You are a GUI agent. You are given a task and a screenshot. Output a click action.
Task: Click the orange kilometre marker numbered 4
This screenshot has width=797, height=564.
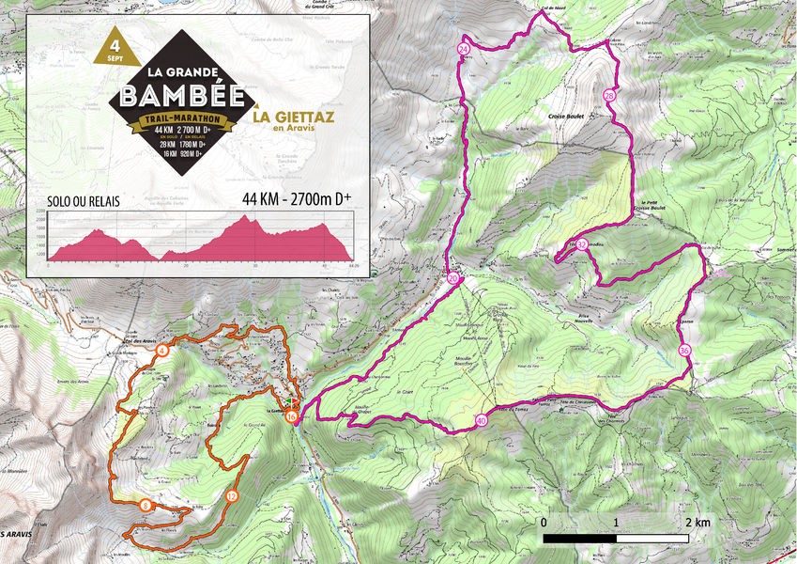pos(162,351)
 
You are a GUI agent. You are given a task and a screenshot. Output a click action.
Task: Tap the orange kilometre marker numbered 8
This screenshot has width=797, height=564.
pos(146,506)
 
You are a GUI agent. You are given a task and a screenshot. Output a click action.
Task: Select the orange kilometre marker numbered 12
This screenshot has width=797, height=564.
pos(231,495)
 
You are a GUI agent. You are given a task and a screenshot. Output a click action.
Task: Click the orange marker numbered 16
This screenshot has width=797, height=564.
pos(292,416)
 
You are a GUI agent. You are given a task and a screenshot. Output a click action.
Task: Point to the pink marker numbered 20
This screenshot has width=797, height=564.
pos(452,279)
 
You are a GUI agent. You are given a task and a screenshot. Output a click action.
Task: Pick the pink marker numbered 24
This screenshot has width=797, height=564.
pos(464,48)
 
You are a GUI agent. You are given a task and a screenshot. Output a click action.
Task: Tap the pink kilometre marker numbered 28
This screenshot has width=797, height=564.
pos(608,96)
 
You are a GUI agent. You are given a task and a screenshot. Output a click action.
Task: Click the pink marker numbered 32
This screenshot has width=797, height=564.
pos(582,245)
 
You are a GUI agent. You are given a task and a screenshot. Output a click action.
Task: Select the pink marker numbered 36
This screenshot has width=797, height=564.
pos(684,351)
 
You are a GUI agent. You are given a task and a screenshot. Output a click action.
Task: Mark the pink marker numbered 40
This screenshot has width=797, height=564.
pos(482,421)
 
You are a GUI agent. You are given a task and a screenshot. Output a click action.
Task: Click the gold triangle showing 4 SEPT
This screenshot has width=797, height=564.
pos(115,49)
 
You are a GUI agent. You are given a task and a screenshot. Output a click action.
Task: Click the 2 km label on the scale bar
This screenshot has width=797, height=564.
pos(696,522)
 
